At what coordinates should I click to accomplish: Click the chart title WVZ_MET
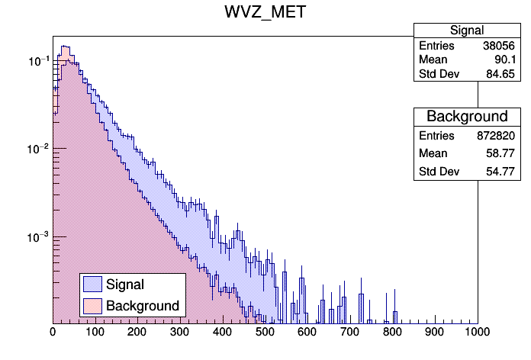pos(265,12)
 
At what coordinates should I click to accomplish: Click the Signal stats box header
pos(467,31)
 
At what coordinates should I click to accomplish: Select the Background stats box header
pos(467,117)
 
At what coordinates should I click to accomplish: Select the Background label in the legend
pos(143,306)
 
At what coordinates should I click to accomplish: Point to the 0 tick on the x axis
pos(53,333)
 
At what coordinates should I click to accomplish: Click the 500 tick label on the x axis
pos(265,333)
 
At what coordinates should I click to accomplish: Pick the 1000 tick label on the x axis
pos(477,333)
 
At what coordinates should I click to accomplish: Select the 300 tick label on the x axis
pos(180,333)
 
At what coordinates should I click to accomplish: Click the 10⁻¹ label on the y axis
pos(36,60)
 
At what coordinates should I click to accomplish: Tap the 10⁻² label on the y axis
pos(36,149)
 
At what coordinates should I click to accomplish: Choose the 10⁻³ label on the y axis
pos(36,237)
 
